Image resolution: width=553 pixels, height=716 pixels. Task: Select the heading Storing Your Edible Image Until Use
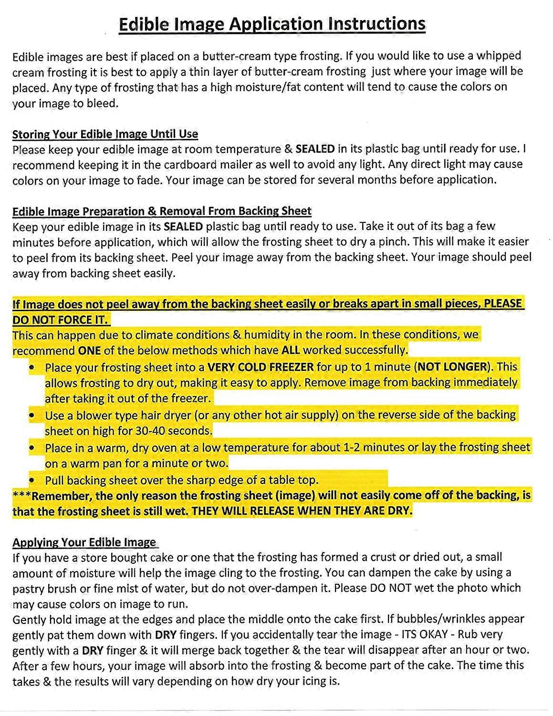point(105,134)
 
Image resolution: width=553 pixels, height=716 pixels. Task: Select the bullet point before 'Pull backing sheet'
point(31,480)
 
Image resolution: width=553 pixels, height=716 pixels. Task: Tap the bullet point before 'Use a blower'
point(31,415)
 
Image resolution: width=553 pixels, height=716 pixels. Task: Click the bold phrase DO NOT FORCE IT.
point(61,319)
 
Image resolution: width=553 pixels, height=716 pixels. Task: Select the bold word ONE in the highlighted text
point(89,351)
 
